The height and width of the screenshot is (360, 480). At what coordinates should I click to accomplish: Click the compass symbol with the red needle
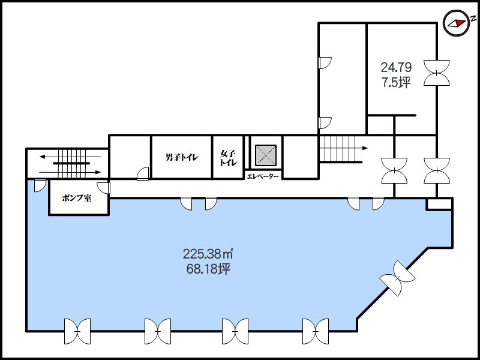tap(457, 23)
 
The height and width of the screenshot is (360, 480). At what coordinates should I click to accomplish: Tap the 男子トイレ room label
tap(182, 157)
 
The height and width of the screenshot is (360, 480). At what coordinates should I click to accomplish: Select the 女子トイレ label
tap(229, 158)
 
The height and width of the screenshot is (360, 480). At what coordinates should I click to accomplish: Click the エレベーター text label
tap(263, 176)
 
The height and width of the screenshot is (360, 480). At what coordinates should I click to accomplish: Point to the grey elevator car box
tap(266, 156)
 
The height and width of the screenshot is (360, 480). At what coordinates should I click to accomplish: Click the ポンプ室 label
tap(77, 198)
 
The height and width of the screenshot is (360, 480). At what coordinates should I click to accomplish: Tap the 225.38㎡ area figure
tap(208, 254)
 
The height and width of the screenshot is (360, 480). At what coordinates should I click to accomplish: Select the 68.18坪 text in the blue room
tap(208, 269)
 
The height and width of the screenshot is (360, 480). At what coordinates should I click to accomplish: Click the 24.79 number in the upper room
tap(396, 67)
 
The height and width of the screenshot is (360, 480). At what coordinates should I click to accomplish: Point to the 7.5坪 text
tap(396, 82)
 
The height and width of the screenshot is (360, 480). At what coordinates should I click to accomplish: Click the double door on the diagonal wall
tap(397, 278)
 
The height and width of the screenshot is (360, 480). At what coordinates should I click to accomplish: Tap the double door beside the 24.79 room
tap(437, 73)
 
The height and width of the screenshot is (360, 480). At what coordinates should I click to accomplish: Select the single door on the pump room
tap(104, 188)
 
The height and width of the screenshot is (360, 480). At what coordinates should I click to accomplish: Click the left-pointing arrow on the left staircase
tap(70, 157)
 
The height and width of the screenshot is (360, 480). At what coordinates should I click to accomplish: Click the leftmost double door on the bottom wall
tap(77, 331)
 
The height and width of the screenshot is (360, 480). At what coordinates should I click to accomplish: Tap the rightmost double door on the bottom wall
tap(316, 331)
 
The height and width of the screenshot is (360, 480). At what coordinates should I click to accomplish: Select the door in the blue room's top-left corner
tap(40, 186)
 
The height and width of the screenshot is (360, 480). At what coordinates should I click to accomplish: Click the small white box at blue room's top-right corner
tap(440, 204)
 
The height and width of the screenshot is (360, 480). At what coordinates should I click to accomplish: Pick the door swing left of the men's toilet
tap(143, 173)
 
